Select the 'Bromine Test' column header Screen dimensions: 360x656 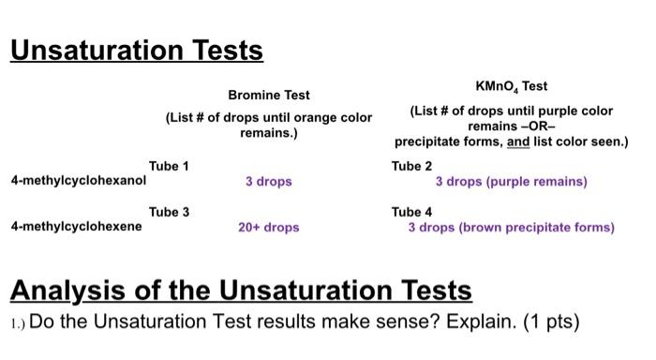(x=269, y=96)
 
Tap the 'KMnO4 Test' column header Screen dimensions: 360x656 (x=512, y=86)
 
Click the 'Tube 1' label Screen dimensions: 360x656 (x=169, y=166)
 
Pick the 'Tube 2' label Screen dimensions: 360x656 (x=412, y=166)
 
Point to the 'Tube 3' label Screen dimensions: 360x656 (x=169, y=212)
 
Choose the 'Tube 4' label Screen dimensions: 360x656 (x=412, y=212)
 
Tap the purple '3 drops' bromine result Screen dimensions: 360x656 (x=269, y=181)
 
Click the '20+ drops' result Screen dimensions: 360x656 (x=269, y=227)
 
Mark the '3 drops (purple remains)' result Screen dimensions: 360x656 (x=511, y=181)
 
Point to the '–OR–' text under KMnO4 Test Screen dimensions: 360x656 (x=511, y=127)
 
